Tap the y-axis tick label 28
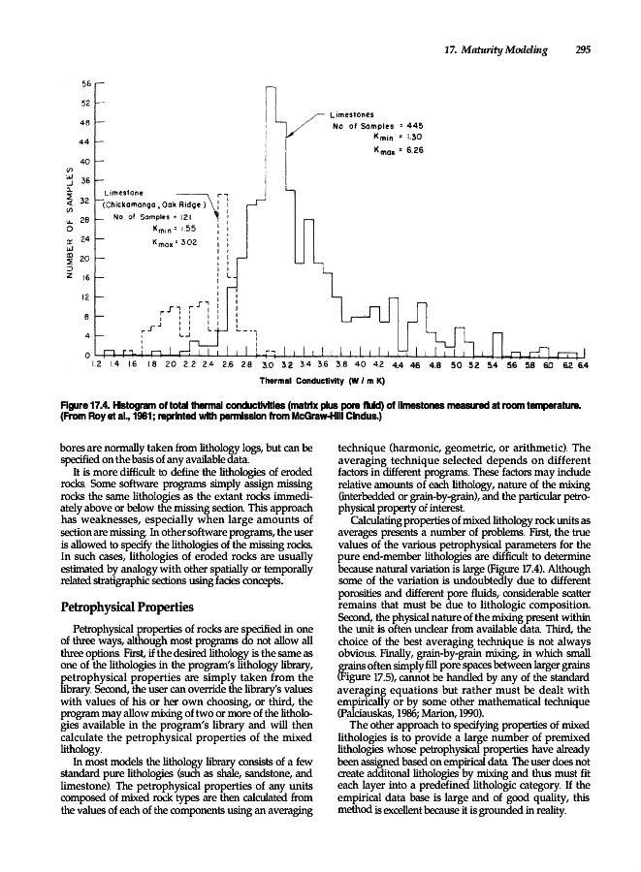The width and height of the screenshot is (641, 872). pos(84,220)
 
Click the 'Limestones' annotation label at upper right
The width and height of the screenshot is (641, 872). pos(356,115)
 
